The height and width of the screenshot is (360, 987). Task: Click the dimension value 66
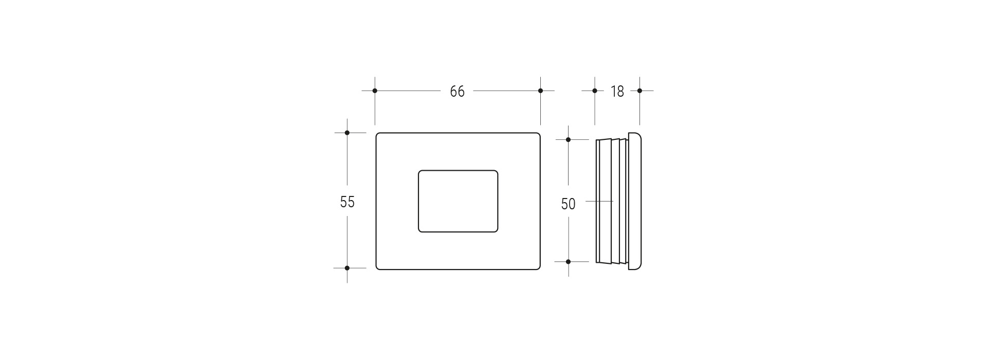click(457, 92)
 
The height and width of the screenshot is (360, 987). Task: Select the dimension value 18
click(617, 92)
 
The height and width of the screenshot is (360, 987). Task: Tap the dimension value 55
click(348, 202)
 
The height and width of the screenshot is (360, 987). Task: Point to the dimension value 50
click(568, 204)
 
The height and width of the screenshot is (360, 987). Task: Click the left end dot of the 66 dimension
click(375, 91)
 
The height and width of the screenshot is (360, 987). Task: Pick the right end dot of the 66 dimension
click(540, 91)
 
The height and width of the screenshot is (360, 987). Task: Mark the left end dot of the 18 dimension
click(595, 91)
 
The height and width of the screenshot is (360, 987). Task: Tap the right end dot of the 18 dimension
click(639, 91)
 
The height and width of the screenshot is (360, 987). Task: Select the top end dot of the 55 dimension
click(347, 133)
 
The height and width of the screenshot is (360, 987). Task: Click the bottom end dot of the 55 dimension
click(347, 268)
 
